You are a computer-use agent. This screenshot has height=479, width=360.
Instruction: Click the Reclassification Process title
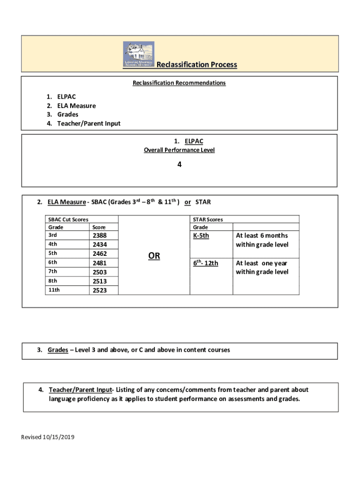pos(196,65)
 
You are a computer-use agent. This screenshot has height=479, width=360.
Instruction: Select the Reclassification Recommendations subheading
pos(179,83)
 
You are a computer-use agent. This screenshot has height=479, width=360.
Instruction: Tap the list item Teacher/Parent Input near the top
pos(88,123)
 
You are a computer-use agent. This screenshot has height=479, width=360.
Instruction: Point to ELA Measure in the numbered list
pos(76,106)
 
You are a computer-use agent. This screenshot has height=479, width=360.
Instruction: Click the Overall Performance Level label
pos(179,150)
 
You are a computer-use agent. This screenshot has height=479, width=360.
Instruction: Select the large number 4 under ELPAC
pos(180,165)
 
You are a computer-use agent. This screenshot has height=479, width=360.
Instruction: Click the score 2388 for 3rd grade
pos(100,236)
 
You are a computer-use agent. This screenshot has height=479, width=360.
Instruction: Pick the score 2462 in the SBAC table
pos(100,254)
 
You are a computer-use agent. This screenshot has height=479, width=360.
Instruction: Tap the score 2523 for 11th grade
pos(100,290)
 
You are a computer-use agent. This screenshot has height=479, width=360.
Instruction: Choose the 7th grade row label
pos(52,272)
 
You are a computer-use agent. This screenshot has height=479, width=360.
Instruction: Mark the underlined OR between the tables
pos(154,256)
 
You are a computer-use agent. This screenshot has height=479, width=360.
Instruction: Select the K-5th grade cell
pos(201,236)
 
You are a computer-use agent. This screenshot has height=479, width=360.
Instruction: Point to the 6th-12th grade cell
pos(206,263)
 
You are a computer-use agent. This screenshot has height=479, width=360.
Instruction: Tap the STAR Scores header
pos(208,219)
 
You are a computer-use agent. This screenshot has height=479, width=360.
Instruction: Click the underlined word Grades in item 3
pos(58,350)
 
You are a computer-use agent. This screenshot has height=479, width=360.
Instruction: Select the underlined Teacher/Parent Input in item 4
pos(80,390)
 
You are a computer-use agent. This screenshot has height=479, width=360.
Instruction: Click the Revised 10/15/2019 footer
pos(48,437)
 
